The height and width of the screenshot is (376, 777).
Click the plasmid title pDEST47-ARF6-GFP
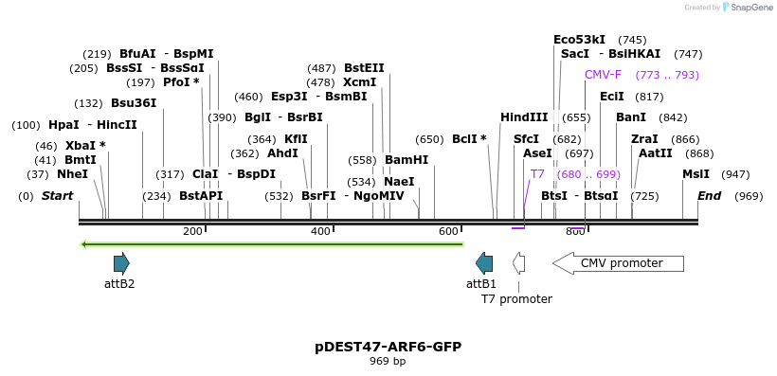pos(388,347)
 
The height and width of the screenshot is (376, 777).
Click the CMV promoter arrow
pos(618,263)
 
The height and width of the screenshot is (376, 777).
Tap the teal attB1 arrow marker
pos(484,263)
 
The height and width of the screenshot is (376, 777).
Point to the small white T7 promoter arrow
pos(518,263)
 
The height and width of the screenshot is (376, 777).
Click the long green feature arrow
pos(272,244)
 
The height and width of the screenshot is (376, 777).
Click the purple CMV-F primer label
pos(603,75)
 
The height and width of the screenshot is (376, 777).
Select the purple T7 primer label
pos(537,174)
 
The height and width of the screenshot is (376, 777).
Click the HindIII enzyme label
pos(524,117)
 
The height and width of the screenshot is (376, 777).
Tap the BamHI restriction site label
pos(406,160)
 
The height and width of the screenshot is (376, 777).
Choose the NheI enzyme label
pos(72,174)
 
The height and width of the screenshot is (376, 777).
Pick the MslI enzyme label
pos(696,174)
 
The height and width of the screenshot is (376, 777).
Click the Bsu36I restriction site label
pos(134,103)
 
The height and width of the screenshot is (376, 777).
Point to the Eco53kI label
pos(579,40)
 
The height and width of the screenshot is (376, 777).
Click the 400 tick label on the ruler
pos(321,232)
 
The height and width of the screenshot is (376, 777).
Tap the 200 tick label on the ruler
pos(192,232)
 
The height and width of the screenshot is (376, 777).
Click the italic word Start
pos(57,196)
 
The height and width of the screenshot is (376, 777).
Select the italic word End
pos(709,196)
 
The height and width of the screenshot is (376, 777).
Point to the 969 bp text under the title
pos(388,362)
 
